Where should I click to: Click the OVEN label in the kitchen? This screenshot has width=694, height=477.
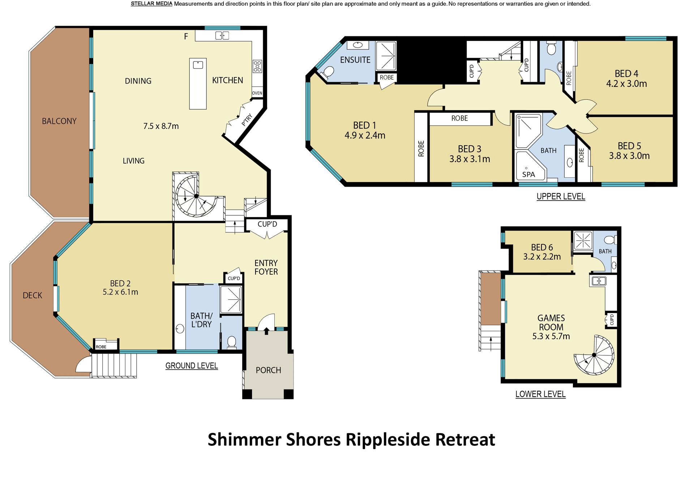(257, 93)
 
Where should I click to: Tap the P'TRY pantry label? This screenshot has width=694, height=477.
(247, 120)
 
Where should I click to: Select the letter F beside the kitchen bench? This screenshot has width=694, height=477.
(186, 36)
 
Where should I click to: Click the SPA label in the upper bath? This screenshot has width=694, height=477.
(528, 174)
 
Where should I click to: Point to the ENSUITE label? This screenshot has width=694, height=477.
(355, 60)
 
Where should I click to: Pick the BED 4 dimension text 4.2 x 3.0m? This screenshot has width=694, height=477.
(626, 84)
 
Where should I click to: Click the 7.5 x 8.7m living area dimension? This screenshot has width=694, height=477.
(161, 126)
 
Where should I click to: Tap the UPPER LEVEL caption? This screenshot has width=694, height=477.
(561, 197)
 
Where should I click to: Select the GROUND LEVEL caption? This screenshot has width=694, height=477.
(192, 366)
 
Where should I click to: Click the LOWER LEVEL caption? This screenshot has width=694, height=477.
(540, 394)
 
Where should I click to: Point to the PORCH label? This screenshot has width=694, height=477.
(268, 370)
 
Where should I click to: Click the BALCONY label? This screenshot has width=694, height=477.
(59, 121)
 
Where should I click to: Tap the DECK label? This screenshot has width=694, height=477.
(33, 295)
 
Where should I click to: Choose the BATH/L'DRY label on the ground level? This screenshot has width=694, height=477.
(201, 320)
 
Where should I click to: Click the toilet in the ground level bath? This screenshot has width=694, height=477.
(232, 342)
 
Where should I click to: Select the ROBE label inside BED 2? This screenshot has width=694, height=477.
(101, 347)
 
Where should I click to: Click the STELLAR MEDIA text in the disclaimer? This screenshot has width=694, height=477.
(151, 4)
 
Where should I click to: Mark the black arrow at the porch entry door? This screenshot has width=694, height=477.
(266, 330)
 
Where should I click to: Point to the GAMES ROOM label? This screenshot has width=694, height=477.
(551, 322)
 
